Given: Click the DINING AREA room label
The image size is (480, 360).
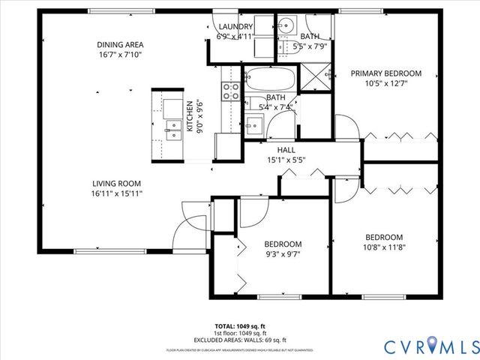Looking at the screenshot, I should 120,43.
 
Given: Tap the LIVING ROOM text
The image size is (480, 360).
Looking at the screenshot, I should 117,183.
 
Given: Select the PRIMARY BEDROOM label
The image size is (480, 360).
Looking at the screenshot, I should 386,73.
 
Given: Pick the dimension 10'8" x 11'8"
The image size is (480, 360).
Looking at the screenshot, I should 384,247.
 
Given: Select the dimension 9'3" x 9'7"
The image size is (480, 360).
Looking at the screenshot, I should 283,254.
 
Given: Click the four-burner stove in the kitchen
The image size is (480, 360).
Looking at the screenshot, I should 230,91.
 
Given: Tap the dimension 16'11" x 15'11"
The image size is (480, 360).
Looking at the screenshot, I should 117,193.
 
